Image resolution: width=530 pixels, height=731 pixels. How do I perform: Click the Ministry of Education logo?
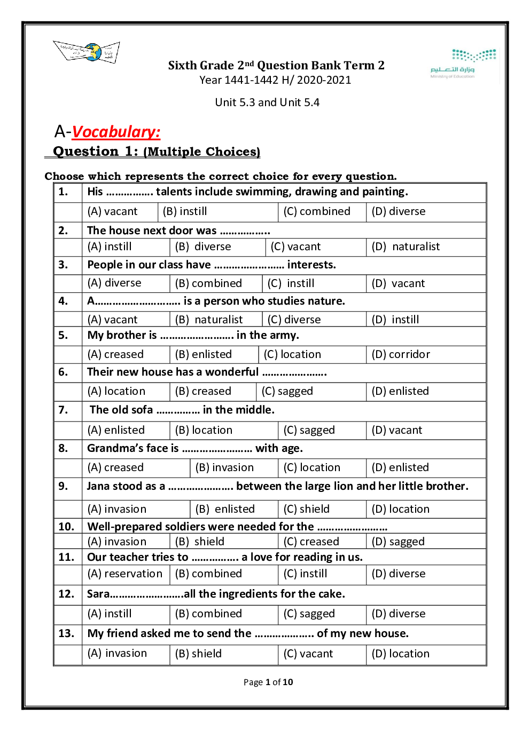click(463, 63)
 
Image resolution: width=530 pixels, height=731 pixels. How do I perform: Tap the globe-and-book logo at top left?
click(87, 52)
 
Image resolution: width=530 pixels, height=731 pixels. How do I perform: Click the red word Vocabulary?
click(116, 132)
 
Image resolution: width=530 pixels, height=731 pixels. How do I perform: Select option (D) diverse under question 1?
click(399, 212)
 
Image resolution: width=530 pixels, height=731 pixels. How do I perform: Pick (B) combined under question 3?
click(208, 283)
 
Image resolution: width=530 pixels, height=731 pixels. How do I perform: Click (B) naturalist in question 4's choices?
click(209, 320)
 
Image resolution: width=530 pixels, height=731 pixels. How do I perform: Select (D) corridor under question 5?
click(401, 355)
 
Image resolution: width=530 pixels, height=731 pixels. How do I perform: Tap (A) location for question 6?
click(116, 392)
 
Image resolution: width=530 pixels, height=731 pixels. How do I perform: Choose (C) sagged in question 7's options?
click(309, 431)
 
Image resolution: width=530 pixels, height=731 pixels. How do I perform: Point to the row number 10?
click(66, 527)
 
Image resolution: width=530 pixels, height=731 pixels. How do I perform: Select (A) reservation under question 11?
click(125, 574)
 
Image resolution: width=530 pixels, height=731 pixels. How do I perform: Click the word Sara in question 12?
click(99, 594)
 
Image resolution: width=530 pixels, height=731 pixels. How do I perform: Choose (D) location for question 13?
click(401, 654)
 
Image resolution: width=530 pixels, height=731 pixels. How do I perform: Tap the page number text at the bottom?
click(268, 682)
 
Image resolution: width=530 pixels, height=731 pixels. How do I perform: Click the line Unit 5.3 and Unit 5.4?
click(267, 102)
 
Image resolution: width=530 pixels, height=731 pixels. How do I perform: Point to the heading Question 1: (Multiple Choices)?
click(157, 152)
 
